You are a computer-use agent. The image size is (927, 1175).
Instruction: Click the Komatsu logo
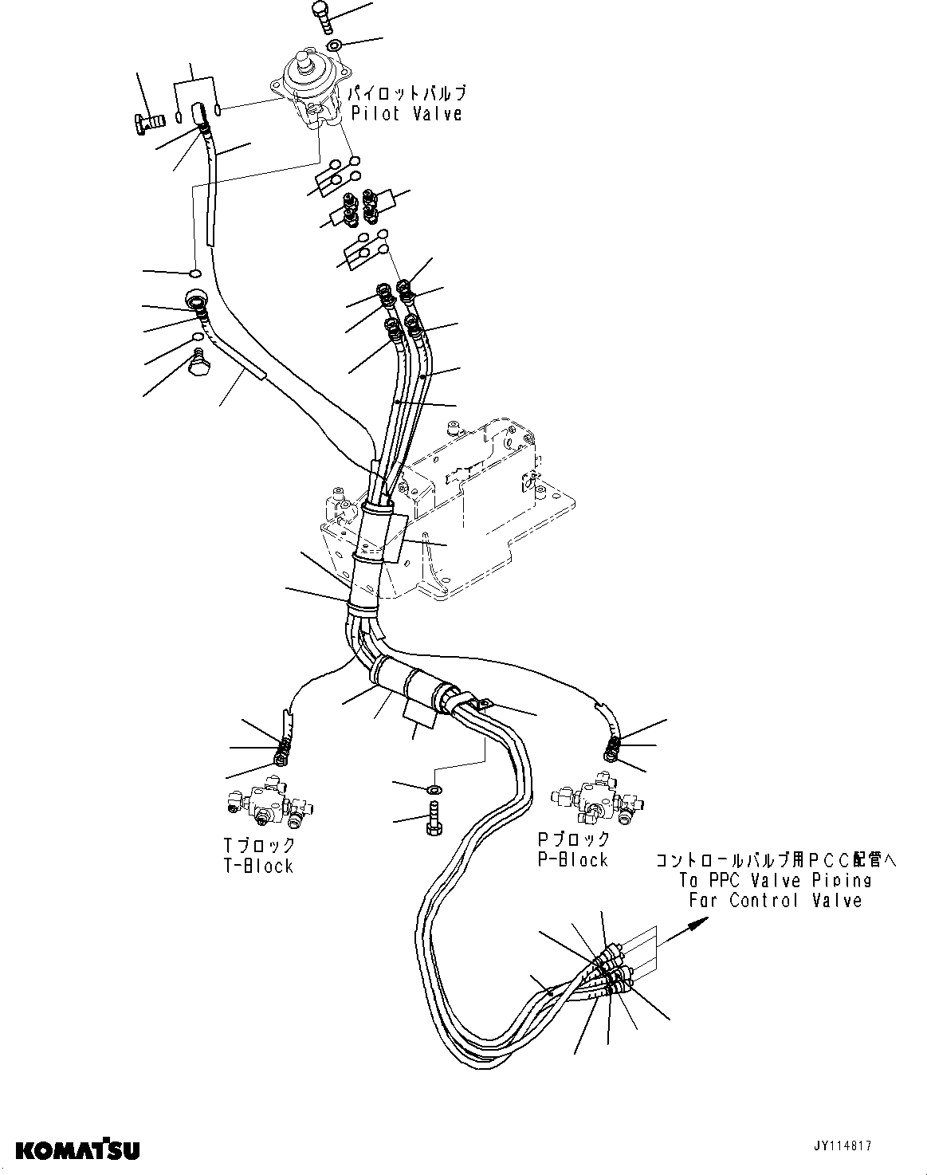click(78, 1149)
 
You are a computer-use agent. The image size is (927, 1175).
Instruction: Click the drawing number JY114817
click(843, 1146)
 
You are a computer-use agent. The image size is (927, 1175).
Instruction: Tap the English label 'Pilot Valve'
click(407, 114)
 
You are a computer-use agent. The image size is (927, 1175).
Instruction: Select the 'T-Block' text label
click(258, 866)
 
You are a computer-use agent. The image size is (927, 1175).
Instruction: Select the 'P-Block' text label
click(572, 859)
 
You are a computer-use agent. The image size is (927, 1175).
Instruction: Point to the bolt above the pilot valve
click(320, 14)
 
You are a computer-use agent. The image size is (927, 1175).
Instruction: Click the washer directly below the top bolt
click(335, 43)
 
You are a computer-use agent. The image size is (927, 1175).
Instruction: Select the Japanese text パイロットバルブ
click(407, 94)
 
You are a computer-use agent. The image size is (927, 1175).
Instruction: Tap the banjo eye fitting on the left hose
click(196, 301)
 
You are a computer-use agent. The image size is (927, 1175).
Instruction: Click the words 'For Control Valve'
click(775, 901)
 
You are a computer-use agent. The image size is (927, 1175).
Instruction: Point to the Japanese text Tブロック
click(258, 845)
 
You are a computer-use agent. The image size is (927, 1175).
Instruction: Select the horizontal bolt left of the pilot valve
click(148, 122)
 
